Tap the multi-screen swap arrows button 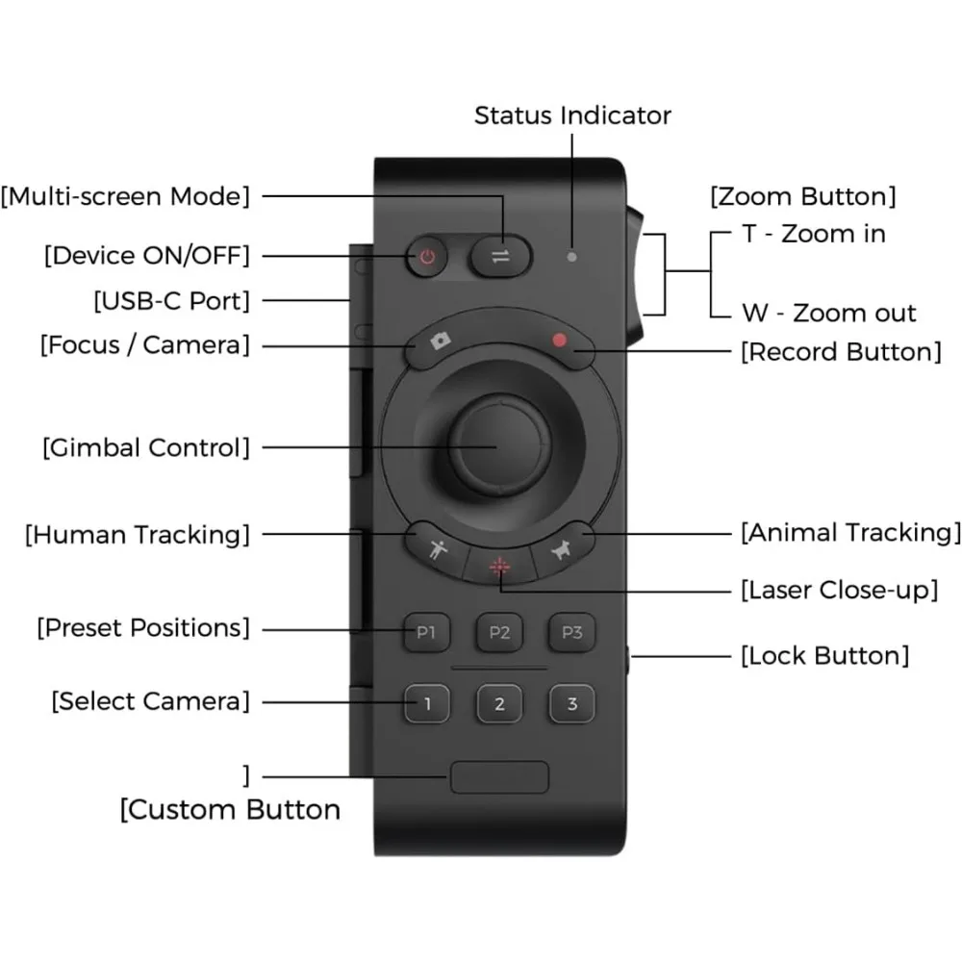click(500, 257)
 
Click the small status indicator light click(571, 257)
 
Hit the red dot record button click(560, 341)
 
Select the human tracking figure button click(437, 549)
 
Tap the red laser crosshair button click(500, 567)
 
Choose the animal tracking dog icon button click(562, 549)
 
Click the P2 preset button click(499, 633)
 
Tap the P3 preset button click(571, 633)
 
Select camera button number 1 click(427, 704)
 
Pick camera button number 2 click(499, 704)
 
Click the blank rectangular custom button click(499, 777)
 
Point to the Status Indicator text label click(572, 115)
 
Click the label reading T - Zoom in click(814, 234)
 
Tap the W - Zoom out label click(829, 313)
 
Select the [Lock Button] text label click(825, 656)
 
